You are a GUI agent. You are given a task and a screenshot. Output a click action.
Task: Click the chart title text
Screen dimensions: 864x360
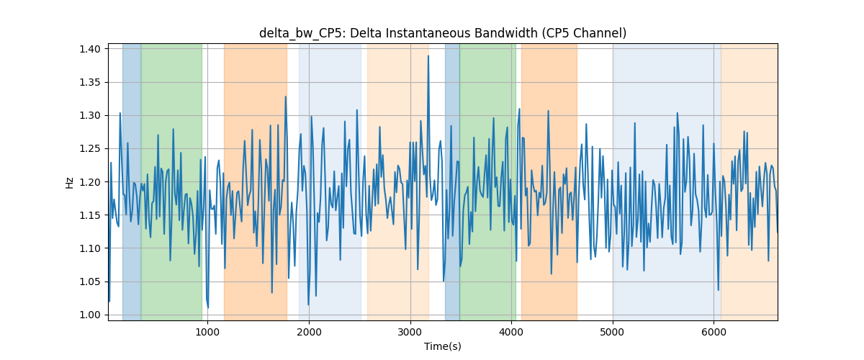tap(443, 33)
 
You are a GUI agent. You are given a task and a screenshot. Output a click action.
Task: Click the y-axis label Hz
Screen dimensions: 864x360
tap(69, 182)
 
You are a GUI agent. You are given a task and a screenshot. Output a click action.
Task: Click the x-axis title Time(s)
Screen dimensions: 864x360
tap(443, 346)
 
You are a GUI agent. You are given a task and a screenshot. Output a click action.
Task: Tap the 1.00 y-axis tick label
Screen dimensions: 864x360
tap(90, 315)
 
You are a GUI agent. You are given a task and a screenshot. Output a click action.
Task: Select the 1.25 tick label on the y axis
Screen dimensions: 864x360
tap(90, 148)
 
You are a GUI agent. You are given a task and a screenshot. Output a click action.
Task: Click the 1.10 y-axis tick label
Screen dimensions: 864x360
tap(90, 248)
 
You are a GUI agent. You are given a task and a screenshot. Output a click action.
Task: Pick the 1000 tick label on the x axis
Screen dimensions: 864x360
tap(207, 332)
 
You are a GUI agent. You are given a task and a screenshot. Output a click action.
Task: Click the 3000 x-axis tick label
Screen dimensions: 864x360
tap(410, 332)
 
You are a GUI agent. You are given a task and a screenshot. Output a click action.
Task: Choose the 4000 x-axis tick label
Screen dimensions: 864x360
tap(511, 332)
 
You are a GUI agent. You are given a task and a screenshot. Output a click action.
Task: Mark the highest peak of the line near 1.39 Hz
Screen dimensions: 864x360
tap(428, 55)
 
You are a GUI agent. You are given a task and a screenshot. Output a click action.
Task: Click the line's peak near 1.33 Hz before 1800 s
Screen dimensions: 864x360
tap(285, 96)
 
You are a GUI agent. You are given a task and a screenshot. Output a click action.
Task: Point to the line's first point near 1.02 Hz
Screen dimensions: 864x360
tap(109, 302)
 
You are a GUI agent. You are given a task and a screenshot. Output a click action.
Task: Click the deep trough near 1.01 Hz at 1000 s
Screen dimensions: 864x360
tap(208, 308)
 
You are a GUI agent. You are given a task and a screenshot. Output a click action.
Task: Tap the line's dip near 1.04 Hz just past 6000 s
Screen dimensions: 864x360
tap(719, 291)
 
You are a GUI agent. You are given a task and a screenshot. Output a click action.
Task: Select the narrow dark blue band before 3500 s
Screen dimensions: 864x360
tap(452, 181)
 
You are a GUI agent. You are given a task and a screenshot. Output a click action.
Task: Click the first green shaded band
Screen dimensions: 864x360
tap(171, 181)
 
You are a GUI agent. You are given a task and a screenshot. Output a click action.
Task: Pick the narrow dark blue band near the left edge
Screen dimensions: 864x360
tap(132, 181)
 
